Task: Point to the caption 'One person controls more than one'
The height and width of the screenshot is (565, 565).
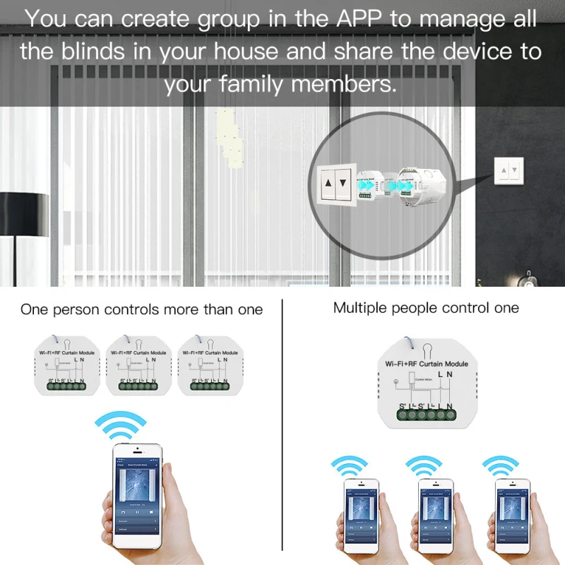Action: (x=141, y=309)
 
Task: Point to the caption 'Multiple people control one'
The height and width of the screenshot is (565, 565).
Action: (x=426, y=308)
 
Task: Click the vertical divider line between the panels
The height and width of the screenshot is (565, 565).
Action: (x=282, y=424)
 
